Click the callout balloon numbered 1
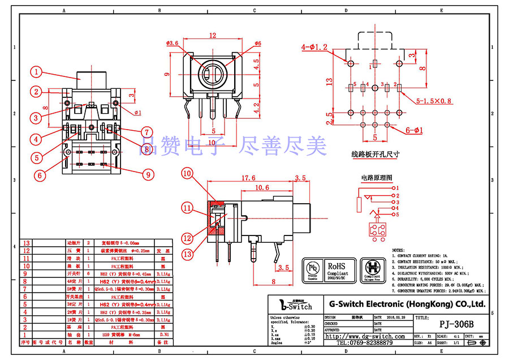click(x=36, y=72)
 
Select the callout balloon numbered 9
click(x=148, y=175)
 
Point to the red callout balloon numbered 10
click(x=187, y=174)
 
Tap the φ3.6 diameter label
click(x=173, y=43)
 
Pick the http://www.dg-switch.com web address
click(x=365, y=336)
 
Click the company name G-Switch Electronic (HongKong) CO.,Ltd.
click(x=407, y=304)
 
